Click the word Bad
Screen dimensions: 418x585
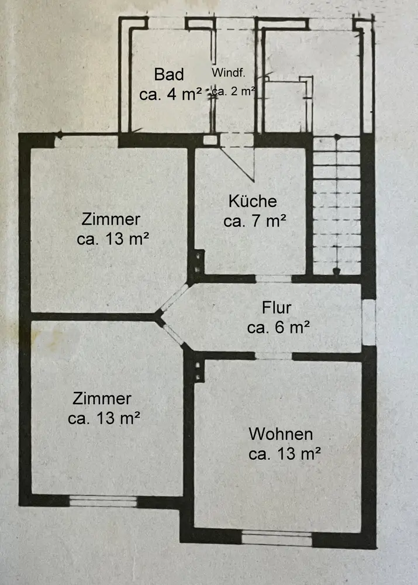[169, 74]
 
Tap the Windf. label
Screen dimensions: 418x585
[229, 73]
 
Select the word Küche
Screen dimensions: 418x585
[253, 201]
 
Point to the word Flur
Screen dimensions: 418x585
[277, 308]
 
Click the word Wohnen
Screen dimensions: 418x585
[281, 434]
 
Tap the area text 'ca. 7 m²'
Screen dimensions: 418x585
[255, 221]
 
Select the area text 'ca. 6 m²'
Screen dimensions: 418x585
[278, 327]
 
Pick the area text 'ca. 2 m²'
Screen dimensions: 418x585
[233, 91]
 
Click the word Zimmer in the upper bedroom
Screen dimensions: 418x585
[110, 219]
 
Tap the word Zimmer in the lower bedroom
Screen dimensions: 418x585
[102, 398]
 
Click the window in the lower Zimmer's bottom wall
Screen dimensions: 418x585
[103, 501]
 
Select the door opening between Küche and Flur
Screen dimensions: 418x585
[274, 278]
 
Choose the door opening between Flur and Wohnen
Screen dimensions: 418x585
[274, 356]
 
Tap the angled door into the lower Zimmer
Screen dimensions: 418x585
[174, 335]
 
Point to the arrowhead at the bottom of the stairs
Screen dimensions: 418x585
[337, 271]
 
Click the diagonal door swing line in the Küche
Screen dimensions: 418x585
[237, 164]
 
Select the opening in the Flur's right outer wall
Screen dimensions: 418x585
[369, 322]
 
